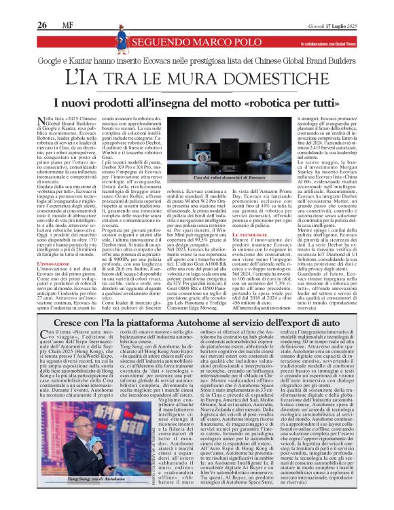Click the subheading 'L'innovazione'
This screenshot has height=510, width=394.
[x=57, y=261]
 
